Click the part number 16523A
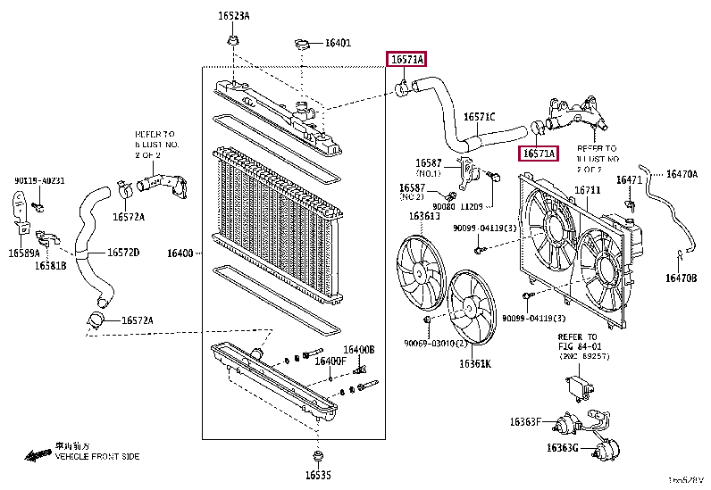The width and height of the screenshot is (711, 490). [235, 16]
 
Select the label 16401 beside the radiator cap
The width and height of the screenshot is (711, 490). [338, 42]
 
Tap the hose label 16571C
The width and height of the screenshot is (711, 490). [479, 116]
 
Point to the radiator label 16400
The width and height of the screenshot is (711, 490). [180, 254]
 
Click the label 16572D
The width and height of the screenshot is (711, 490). [124, 253]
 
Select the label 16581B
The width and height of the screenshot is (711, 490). [51, 265]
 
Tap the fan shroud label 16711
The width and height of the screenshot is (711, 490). [587, 190]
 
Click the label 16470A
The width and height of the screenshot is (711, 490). [682, 174]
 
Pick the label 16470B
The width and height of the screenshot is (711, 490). [681, 278]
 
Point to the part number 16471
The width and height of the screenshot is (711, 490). [629, 180]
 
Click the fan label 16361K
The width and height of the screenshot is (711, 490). [475, 363]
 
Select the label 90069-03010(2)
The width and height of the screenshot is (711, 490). [435, 344]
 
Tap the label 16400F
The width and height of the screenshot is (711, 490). [330, 361]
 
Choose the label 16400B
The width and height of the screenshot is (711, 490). [359, 349]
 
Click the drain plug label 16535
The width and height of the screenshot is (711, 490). [317, 475]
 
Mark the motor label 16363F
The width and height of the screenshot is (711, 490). [528, 421]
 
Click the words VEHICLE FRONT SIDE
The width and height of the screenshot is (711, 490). [97, 456]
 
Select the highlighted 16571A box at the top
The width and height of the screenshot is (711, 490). [406, 60]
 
